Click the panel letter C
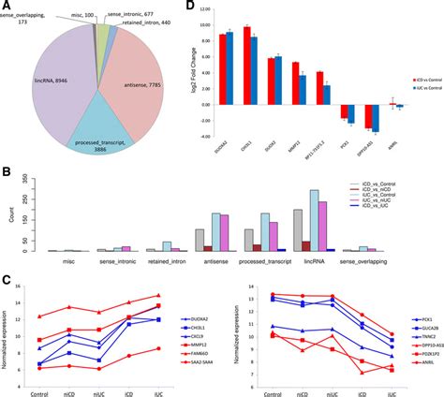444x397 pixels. click(x=7, y=281)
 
